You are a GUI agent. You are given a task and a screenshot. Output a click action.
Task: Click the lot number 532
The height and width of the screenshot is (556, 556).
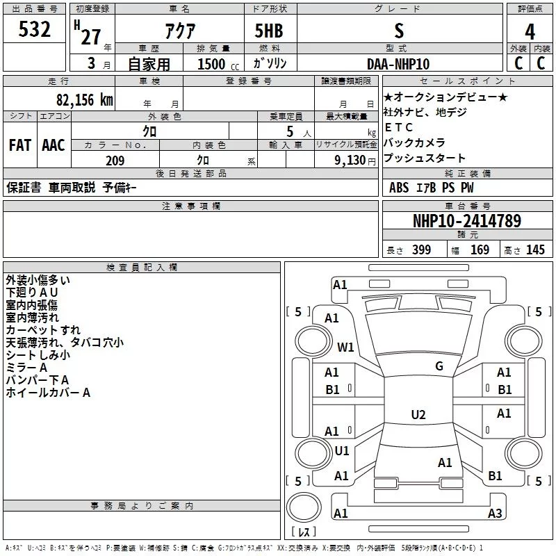pos(35,30)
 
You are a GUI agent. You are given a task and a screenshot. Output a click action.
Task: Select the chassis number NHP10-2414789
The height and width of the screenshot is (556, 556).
pos(467,221)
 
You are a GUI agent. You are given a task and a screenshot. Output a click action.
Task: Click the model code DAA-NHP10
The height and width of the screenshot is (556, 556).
pos(398,64)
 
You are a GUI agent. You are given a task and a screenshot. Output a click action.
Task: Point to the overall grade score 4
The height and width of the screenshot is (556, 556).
pos(530,31)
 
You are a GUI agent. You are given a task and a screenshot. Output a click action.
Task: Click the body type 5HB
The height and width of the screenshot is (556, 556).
pos(269,31)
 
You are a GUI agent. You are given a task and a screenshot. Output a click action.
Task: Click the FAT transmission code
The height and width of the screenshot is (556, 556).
pos(20,145)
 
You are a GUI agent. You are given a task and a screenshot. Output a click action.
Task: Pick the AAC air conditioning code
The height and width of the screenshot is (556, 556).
pos(54,145)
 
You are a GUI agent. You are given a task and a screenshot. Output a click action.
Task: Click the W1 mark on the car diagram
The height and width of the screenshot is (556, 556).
pos(345,347)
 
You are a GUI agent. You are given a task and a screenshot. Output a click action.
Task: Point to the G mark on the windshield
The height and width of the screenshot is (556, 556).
pos(439,366)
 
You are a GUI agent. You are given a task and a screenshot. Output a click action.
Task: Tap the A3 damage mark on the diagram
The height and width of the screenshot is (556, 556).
pos(495,514)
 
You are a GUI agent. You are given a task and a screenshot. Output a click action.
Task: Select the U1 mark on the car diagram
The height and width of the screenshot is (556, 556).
pos(342,451)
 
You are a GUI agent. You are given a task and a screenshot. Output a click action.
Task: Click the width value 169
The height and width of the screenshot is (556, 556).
pos(480,250)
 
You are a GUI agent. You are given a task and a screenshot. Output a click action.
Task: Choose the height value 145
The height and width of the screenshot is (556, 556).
pos(535,250)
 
